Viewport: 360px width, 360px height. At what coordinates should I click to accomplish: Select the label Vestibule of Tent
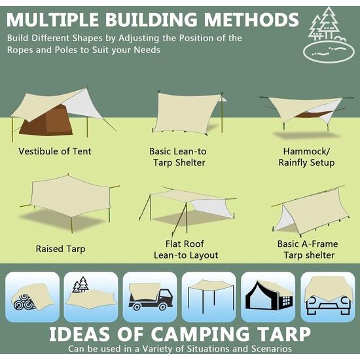[x=55, y=151]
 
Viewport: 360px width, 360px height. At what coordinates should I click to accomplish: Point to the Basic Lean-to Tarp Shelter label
[x=177, y=157]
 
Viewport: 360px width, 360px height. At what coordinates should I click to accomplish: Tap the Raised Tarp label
[x=60, y=249]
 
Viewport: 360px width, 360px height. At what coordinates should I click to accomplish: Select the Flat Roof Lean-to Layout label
[x=186, y=249]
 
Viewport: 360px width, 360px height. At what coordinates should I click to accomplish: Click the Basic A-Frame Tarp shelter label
[x=306, y=249]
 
